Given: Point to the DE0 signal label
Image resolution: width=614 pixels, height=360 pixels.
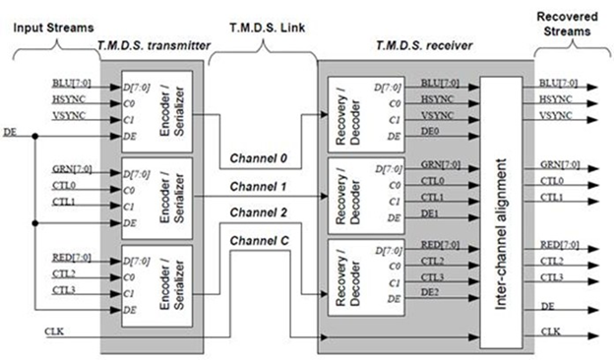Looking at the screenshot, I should (x=431, y=131).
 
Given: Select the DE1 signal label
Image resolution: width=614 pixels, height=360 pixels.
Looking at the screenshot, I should (x=431, y=212).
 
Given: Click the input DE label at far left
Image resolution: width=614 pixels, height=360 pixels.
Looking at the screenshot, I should (x=11, y=131).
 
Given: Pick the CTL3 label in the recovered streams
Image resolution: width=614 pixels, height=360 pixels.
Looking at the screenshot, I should (x=553, y=278).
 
